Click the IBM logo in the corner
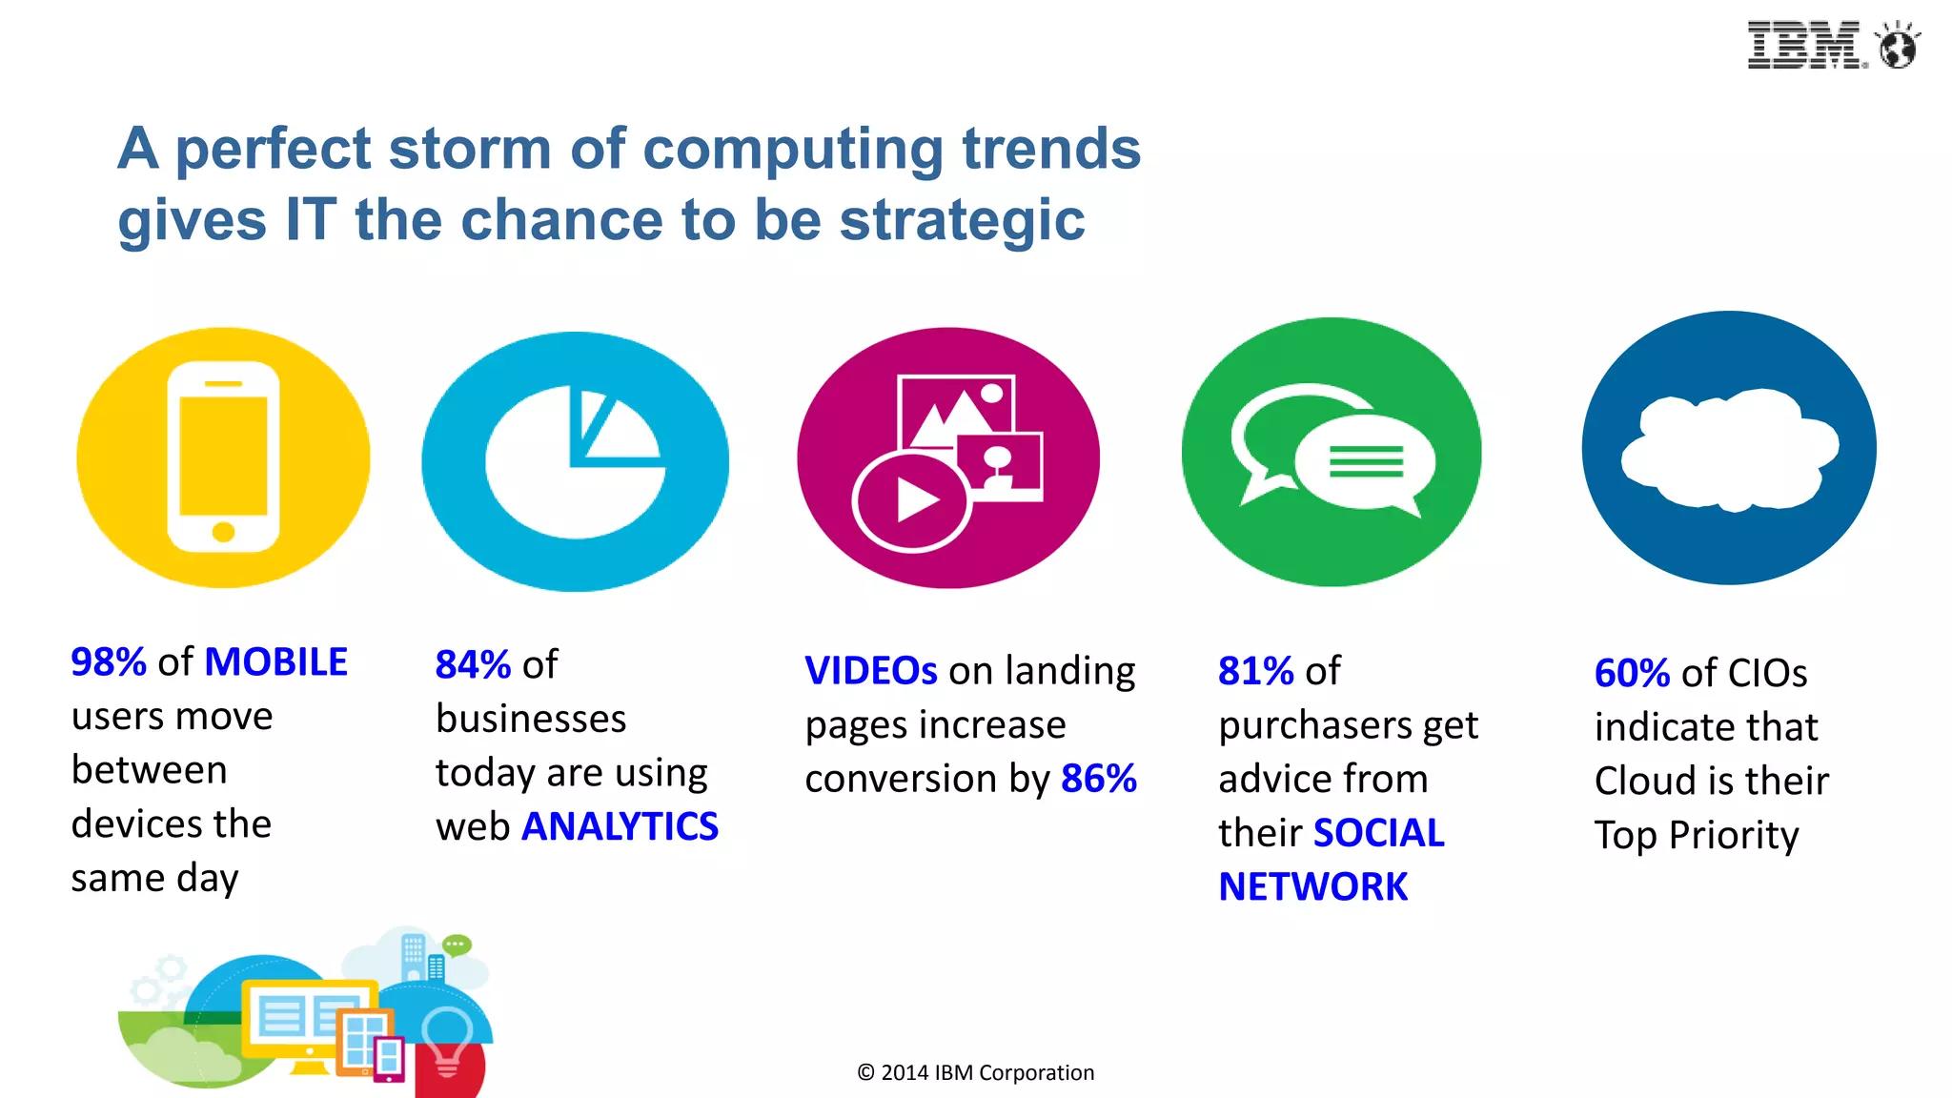coord(1804,45)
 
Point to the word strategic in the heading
coord(962,220)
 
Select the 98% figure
coord(109,661)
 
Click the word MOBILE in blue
coord(276,661)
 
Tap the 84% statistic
coord(473,664)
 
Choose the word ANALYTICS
coord(620,826)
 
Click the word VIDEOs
coord(871,671)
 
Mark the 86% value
coord(1099,779)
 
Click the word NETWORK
coord(1312,887)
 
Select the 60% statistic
coord(1632,674)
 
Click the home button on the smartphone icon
coord(223,531)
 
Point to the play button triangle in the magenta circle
coord(916,500)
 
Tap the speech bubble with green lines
coord(1366,462)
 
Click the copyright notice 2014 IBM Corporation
coord(975,1073)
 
